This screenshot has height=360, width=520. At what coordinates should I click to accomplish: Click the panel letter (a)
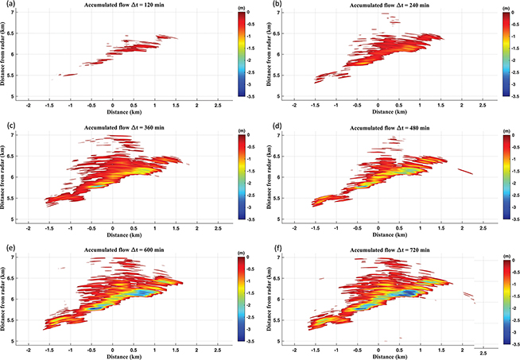7,5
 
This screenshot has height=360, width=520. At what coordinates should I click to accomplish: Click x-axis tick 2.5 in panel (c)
219,226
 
